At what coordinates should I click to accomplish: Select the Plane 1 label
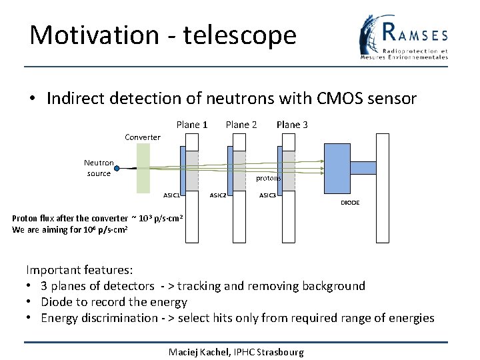(192, 125)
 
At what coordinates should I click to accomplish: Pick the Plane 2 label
(241, 125)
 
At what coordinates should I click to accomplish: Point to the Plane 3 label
(292, 125)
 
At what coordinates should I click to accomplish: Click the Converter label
(143, 137)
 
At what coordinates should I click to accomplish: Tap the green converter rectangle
(143, 168)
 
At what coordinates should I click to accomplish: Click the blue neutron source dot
(117, 171)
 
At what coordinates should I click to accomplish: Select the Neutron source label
(99, 168)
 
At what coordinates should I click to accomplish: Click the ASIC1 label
(171, 195)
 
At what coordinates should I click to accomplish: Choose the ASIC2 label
(218, 195)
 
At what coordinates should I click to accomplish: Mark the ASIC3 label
(267, 195)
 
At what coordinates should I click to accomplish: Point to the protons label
(269, 179)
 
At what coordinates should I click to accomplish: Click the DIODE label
(350, 203)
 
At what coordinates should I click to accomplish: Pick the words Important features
(79, 270)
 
